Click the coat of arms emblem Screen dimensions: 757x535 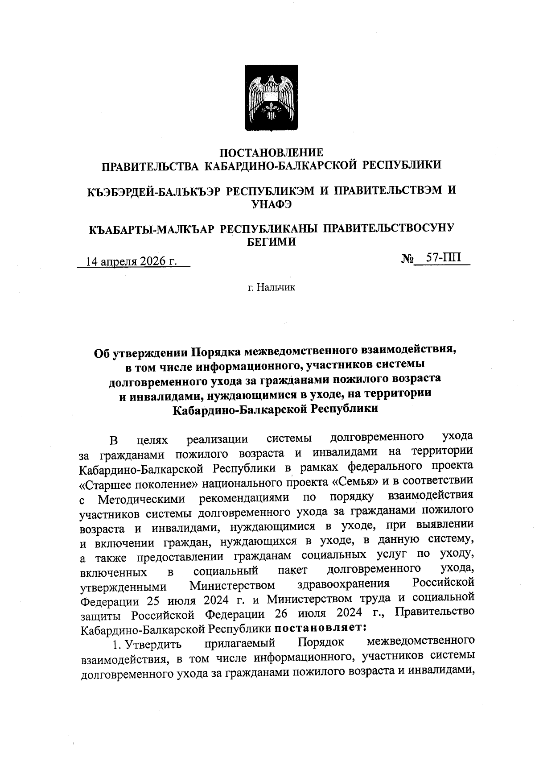[x=271, y=98]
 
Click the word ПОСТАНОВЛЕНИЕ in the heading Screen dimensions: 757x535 [x=272, y=152]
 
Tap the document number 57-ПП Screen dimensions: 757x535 [x=444, y=258]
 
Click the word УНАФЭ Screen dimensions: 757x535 [x=272, y=204]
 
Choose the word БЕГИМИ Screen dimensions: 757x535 [x=271, y=242]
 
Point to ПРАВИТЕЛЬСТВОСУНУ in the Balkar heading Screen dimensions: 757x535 [x=388, y=228]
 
